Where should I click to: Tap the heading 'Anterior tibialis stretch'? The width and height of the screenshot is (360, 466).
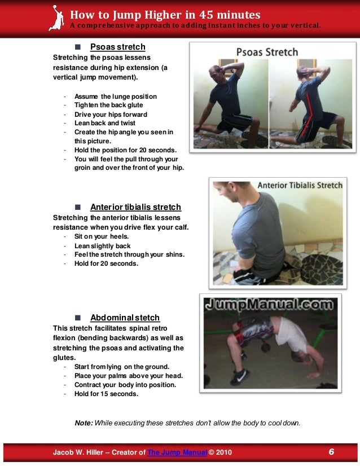click(x=135, y=207)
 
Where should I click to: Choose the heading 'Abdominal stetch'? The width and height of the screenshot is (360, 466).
click(x=125, y=318)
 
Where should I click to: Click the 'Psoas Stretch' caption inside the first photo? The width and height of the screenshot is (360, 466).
click(x=267, y=52)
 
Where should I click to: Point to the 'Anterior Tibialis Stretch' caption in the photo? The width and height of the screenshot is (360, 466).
click(x=300, y=184)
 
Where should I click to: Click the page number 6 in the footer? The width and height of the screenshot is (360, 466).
click(x=331, y=452)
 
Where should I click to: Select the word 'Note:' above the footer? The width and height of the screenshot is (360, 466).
click(x=84, y=423)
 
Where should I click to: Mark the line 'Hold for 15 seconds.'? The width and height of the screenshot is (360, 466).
click(x=106, y=394)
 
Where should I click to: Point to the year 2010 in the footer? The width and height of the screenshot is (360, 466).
click(x=222, y=453)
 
